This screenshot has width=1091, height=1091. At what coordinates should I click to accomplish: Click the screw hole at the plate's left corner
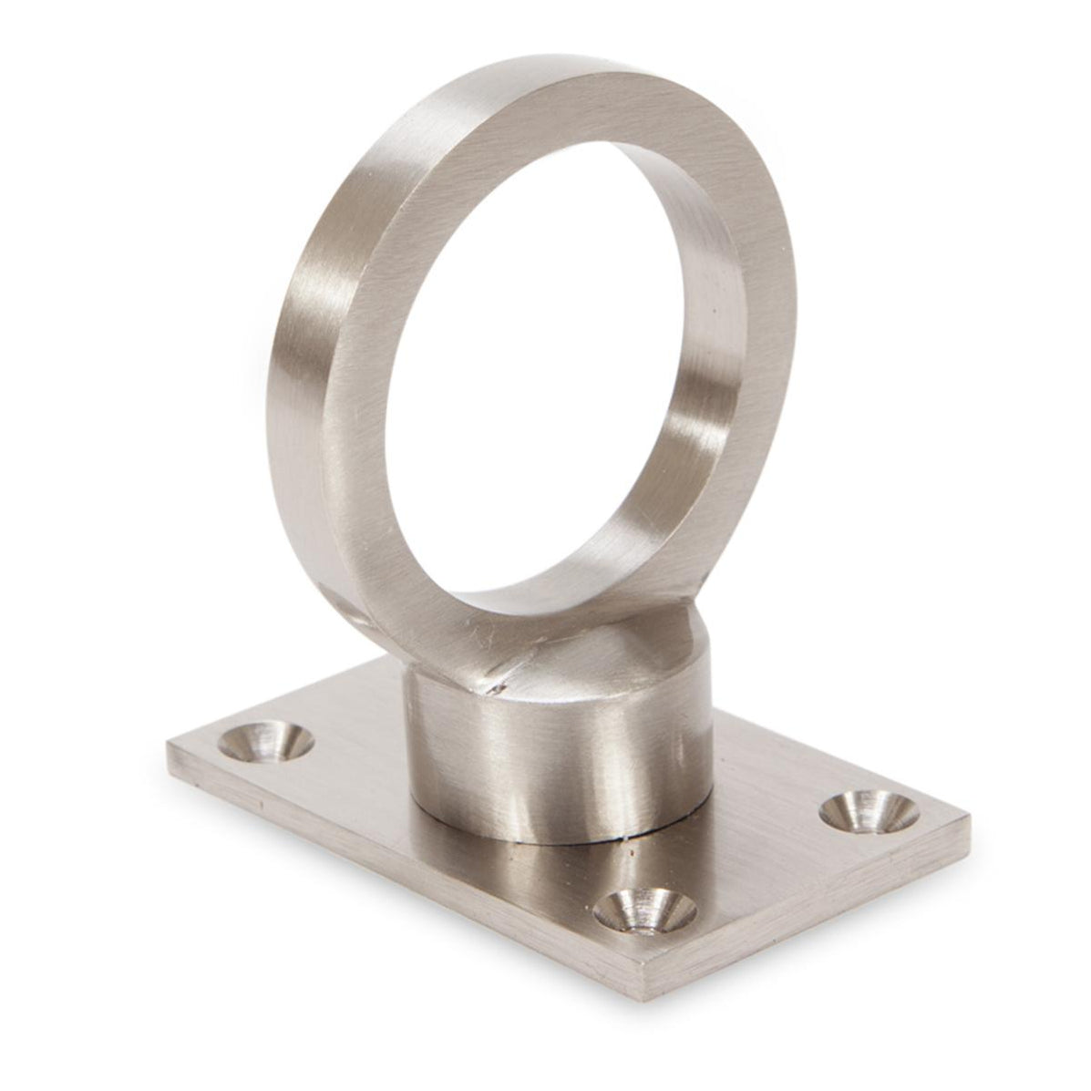point(265,740)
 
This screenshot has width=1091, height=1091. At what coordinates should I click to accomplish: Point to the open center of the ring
point(547,365)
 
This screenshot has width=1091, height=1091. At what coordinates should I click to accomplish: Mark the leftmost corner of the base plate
point(170,749)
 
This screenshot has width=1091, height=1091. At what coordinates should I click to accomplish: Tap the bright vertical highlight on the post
point(515,766)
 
